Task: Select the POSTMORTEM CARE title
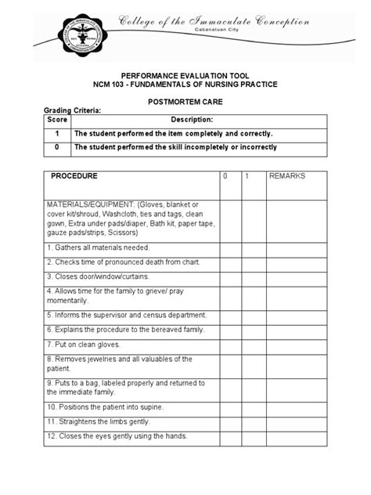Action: click(185, 102)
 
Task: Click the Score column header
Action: click(56, 120)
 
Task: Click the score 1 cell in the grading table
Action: click(56, 133)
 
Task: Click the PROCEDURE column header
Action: click(74, 176)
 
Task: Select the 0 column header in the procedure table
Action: click(225, 176)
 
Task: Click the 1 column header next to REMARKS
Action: click(247, 176)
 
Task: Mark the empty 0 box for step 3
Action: click(229, 276)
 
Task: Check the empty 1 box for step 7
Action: click(253, 343)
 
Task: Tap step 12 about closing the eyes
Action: click(117, 436)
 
